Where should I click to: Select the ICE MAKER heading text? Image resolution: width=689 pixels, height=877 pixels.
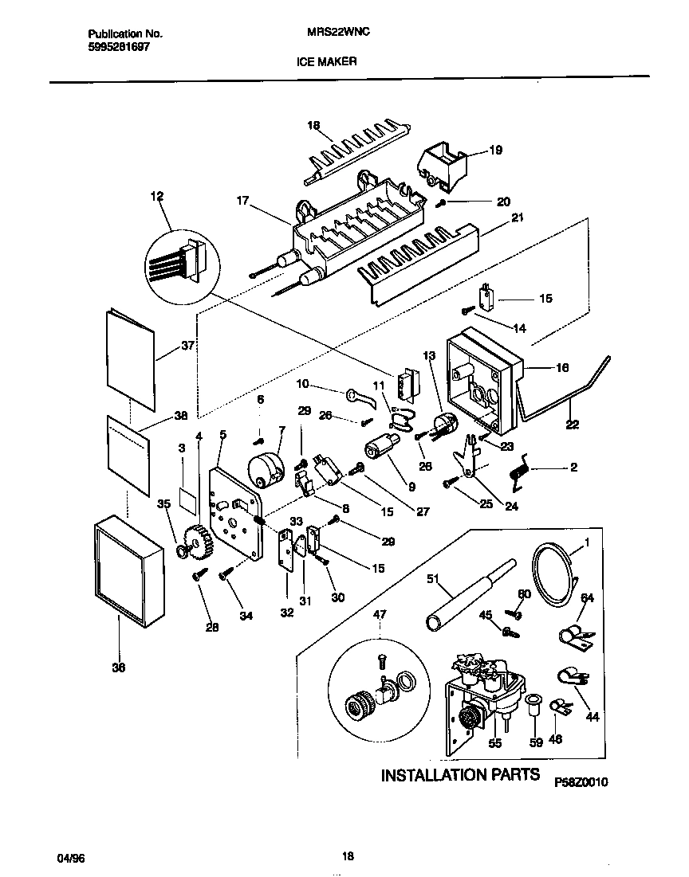click(x=329, y=61)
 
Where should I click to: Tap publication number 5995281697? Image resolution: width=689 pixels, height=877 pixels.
click(x=116, y=47)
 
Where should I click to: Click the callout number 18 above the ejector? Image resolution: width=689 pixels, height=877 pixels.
click(x=313, y=125)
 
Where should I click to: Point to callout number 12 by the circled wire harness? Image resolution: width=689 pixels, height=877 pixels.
click(x=156, y=195)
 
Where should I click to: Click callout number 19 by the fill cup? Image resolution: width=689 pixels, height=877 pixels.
click(x=494, y=149)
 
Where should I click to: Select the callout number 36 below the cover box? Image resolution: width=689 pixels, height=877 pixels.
click(x=118, y=668)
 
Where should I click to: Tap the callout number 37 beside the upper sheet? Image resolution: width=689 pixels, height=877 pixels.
click(x=188, y=345)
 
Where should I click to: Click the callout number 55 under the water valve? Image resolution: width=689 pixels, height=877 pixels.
click(x=494, y=742)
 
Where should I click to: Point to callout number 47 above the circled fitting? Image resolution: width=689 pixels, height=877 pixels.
click(x=380, y=613)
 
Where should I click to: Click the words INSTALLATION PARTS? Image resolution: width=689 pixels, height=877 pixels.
click(x=460, y=775)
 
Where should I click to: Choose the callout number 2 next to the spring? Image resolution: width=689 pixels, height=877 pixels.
click(x=573, y=468)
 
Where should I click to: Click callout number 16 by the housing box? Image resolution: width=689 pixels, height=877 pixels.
click(x=561, y=368)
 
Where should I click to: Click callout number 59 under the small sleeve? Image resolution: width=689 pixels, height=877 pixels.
click(x=536, y=742)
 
